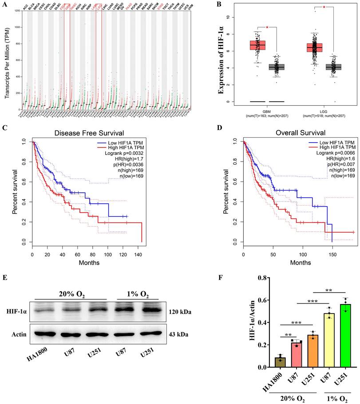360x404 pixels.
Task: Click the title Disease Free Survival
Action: click(x=87, y=133)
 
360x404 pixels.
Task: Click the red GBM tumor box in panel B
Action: click(x=245, y=45)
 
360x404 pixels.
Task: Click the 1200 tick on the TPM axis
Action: click(x=17, y=11)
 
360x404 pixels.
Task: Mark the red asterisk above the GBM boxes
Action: click(x=267, y=28)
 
